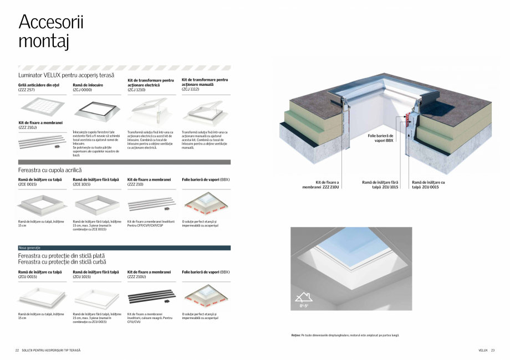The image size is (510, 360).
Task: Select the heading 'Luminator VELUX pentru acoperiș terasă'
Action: coord(66,75)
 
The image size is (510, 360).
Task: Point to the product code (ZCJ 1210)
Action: coord(137,90)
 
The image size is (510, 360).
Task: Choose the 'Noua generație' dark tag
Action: coord(29,248)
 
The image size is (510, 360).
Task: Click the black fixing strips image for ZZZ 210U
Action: coord(149,295)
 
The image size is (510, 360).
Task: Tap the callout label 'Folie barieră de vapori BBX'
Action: coord(380,138)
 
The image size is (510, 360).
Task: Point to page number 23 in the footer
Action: coord(493,350)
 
